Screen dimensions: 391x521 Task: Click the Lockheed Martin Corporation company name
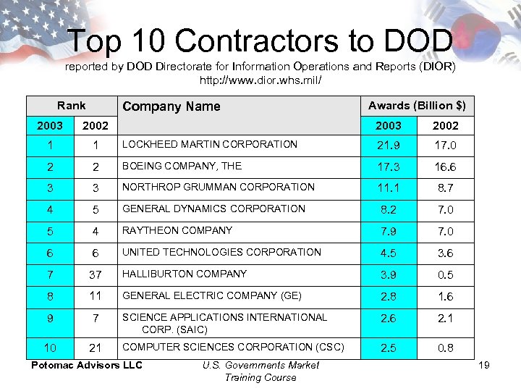point(210,144)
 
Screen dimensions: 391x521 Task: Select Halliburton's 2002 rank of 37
point(95,275)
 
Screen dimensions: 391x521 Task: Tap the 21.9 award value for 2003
point(389,146)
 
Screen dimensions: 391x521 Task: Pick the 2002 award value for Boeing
point(445,167)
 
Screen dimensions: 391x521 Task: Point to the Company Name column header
point(171,106)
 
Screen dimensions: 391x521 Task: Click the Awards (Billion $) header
point(417,106)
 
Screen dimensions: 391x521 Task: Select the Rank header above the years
point(71,106)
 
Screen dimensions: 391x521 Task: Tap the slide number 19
point(484,365)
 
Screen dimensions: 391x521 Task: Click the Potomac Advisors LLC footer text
point(87,365)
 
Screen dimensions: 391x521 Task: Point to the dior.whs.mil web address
point(260,80)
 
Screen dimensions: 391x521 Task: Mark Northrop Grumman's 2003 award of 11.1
point(389,188)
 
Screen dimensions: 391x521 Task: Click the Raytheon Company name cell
point(177,230)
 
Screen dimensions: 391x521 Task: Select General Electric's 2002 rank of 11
point(95,297)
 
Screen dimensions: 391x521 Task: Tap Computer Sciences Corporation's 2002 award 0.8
point(445,348)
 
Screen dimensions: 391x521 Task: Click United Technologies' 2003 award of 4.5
point(389,253)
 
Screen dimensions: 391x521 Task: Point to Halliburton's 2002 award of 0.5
point(445,275)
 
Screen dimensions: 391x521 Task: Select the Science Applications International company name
point(224,323)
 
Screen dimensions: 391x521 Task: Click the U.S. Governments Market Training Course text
point(260,371)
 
